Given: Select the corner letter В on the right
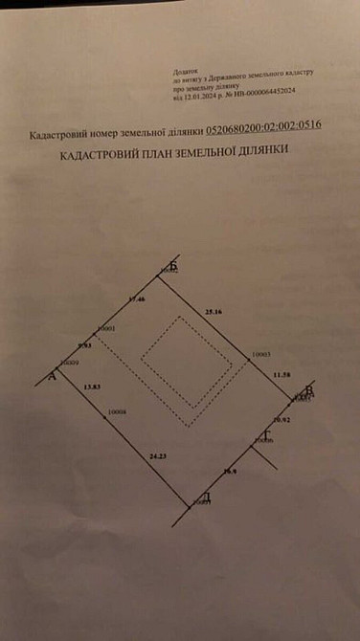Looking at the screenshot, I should pos(308,389).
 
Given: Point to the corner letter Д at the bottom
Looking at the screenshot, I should pos(206,497).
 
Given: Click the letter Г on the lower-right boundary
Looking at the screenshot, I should pos(268,435).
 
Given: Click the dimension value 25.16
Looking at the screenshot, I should pos(214,311).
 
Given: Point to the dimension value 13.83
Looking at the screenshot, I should pos(92,386).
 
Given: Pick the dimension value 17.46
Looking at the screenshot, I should pos(136,299).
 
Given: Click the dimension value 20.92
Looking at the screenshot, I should pos(281,419).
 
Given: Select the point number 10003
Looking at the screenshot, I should pos(261,354).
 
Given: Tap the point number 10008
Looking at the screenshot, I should pos(118,411).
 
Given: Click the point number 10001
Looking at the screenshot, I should pos(106,328).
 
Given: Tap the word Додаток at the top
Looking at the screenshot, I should pos(182,73).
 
